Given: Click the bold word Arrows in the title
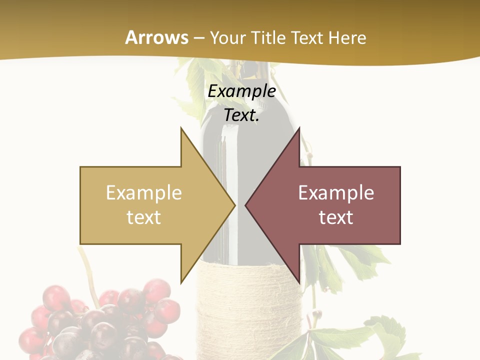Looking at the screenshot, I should tap(156, 37).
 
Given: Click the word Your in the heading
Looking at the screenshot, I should tap(227, 37).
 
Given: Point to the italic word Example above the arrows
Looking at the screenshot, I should tap(241, 91).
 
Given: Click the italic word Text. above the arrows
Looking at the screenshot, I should tap(241, 115).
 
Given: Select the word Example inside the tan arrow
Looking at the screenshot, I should tap(143, 193).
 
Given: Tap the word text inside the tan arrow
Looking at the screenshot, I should tap(143, 217).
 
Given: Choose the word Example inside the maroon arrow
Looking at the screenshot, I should tap(336, 193).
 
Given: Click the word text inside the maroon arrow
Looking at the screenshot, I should tap(336, 217).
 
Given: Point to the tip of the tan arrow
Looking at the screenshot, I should tap(234, 205).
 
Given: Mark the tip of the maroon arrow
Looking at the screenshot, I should tap(245, 205).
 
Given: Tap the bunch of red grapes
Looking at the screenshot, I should tap(105, 320).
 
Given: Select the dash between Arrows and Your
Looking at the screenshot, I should tap(199, 38).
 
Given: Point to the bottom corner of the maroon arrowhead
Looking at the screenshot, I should tap(299, 283).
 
